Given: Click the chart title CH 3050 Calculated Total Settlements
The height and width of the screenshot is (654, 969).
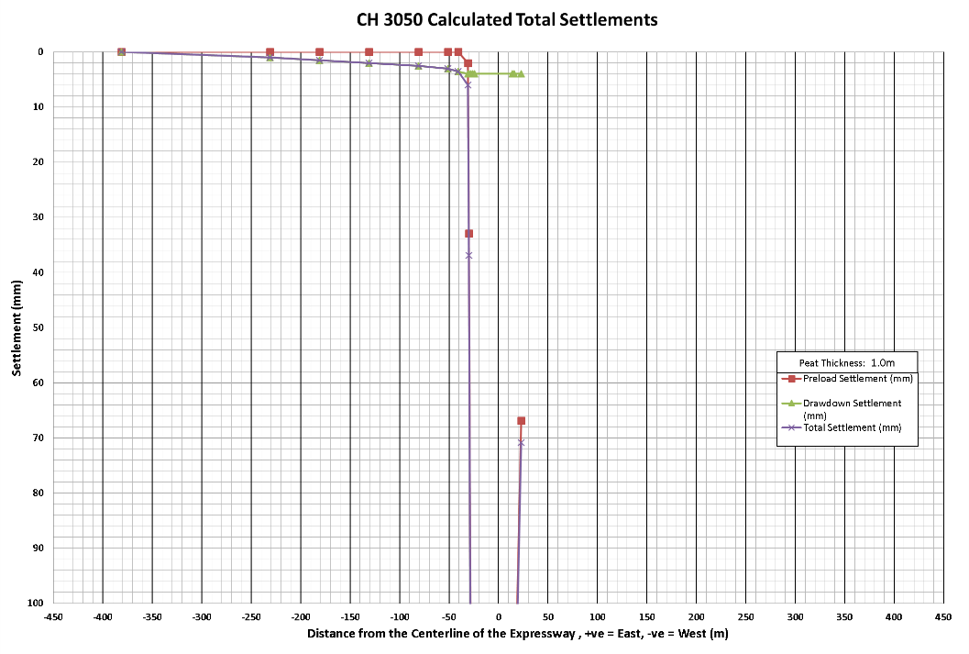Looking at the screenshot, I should point(507,19).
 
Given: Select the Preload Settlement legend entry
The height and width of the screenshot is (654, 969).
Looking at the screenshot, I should point(858,378).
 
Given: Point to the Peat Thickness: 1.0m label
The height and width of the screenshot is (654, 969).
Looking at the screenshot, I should point(846,362).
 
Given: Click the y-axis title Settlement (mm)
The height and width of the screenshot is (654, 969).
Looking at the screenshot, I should point(17,327).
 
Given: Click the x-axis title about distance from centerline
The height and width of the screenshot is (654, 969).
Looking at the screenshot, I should point(517,634).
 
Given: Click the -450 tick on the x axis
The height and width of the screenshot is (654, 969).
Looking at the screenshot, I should point(53,617).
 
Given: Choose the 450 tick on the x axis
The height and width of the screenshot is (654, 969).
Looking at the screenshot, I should point(942,617).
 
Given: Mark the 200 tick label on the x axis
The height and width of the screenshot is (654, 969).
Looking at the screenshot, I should point(696,617).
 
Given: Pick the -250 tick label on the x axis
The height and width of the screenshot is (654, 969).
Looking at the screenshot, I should point(251,617).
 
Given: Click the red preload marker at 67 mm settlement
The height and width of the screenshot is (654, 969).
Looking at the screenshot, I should point(521,421).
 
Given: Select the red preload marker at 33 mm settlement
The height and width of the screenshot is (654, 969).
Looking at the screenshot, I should point(468,234).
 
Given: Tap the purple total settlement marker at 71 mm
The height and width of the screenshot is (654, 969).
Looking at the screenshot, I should point(521,443).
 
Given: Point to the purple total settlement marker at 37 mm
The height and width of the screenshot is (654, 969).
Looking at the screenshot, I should point(468,256).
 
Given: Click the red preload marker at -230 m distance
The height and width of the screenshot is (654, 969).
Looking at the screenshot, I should point(270,52).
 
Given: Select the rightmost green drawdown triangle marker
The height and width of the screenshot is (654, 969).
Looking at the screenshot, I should point(521,73).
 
